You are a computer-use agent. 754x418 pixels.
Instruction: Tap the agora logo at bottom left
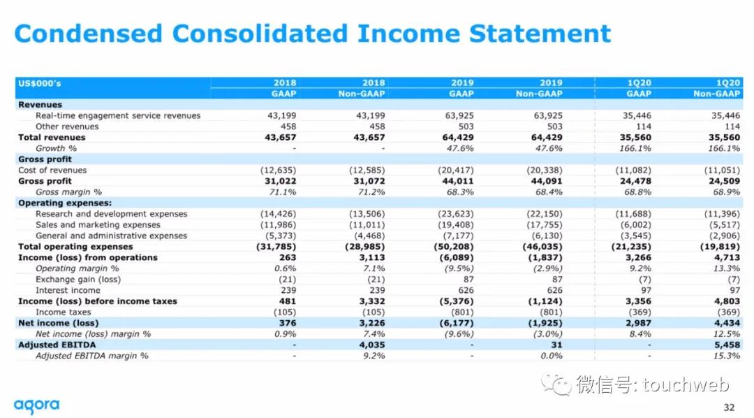tap(36, 405)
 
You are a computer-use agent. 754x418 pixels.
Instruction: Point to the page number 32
tap(729, 408)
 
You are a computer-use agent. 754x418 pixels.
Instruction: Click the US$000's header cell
tap(39, 83)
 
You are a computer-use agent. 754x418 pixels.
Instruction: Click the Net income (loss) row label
tap(59, 323)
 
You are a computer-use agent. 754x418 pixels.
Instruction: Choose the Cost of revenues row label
tap(52, 170)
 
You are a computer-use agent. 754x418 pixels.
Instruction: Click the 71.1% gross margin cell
tap(283, 192)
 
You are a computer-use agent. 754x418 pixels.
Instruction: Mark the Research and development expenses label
tap(112, 214)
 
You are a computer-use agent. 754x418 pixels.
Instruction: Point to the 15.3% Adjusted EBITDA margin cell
tap(727, 356)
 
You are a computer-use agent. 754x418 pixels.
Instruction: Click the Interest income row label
tap(68, 290)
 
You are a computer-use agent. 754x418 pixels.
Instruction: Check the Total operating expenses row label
tap(75, 247)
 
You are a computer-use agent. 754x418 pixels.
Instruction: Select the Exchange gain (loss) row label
tap(78, 280)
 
